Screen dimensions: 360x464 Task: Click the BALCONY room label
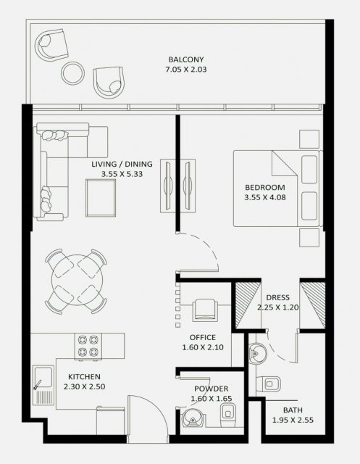click(186, 59)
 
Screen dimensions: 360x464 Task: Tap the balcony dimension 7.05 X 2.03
click(186, 70)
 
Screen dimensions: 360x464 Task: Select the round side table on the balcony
click(72, 73)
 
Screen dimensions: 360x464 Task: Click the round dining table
click(77, 280)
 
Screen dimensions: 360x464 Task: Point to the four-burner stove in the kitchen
click(88, 347)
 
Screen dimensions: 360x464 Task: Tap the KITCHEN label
click(84, 377)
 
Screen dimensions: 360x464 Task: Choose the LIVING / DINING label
click(122, 164)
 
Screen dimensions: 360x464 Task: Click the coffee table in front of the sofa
click(101, 198)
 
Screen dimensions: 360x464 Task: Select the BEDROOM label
click(265, 187)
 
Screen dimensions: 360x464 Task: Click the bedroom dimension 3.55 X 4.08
click(265, 197)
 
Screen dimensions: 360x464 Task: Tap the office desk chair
click(205, 310)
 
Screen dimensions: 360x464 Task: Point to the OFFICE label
click(203, 337)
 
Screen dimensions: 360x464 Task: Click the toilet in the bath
click(268, 384)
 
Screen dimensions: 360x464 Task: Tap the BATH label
click(293, 410)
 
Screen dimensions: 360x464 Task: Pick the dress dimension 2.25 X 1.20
click(278, 307)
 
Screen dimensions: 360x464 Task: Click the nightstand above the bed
click(309, 138)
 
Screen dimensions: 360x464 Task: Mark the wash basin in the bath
click(257, 353)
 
